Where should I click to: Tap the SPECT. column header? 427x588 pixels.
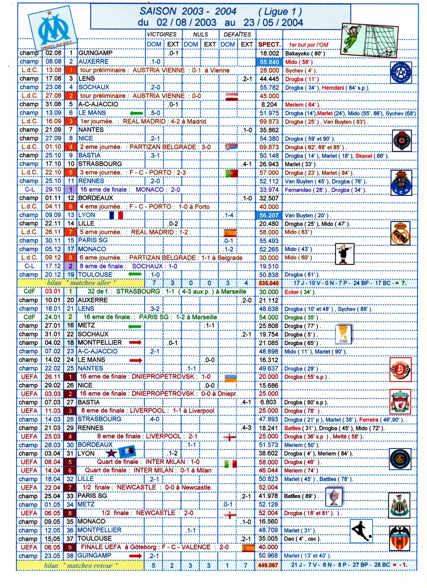click(269, 44)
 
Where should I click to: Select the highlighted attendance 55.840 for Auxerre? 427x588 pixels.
click(269, 62)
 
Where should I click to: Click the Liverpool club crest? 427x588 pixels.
click(400, 402)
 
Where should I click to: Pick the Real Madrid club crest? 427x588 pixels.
click(400, 233)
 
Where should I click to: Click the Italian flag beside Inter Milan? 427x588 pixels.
click(230, 464)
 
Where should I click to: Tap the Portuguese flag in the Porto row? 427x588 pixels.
click(231, 173)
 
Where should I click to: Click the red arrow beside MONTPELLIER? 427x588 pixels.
click(135, 342)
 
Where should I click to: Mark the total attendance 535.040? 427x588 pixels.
click(269, 283)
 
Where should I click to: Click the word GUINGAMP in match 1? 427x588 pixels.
click(95, 53)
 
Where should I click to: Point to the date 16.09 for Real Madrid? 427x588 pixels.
click(53, 121)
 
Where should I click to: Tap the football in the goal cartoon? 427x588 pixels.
click(388, 53)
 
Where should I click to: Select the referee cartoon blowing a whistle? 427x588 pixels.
click(344, 254)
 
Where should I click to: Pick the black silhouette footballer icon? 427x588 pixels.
click(361, 531)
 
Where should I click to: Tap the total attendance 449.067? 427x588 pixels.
click(268, 565)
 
